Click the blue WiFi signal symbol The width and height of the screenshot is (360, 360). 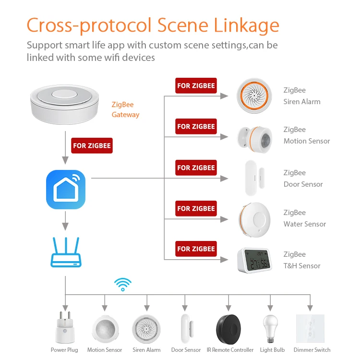coord(123,284)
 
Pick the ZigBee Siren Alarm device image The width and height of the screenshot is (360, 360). coord(254,96)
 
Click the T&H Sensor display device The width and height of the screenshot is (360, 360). coord(254,260)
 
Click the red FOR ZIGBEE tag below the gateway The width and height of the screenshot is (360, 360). coord(92,145)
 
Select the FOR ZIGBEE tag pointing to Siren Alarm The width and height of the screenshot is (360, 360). coord(196,86)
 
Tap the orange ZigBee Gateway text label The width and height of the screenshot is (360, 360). coord(125,109)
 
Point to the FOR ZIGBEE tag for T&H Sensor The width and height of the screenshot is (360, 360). coord(196,249)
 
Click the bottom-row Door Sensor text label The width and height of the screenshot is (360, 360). coord(186,350)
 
